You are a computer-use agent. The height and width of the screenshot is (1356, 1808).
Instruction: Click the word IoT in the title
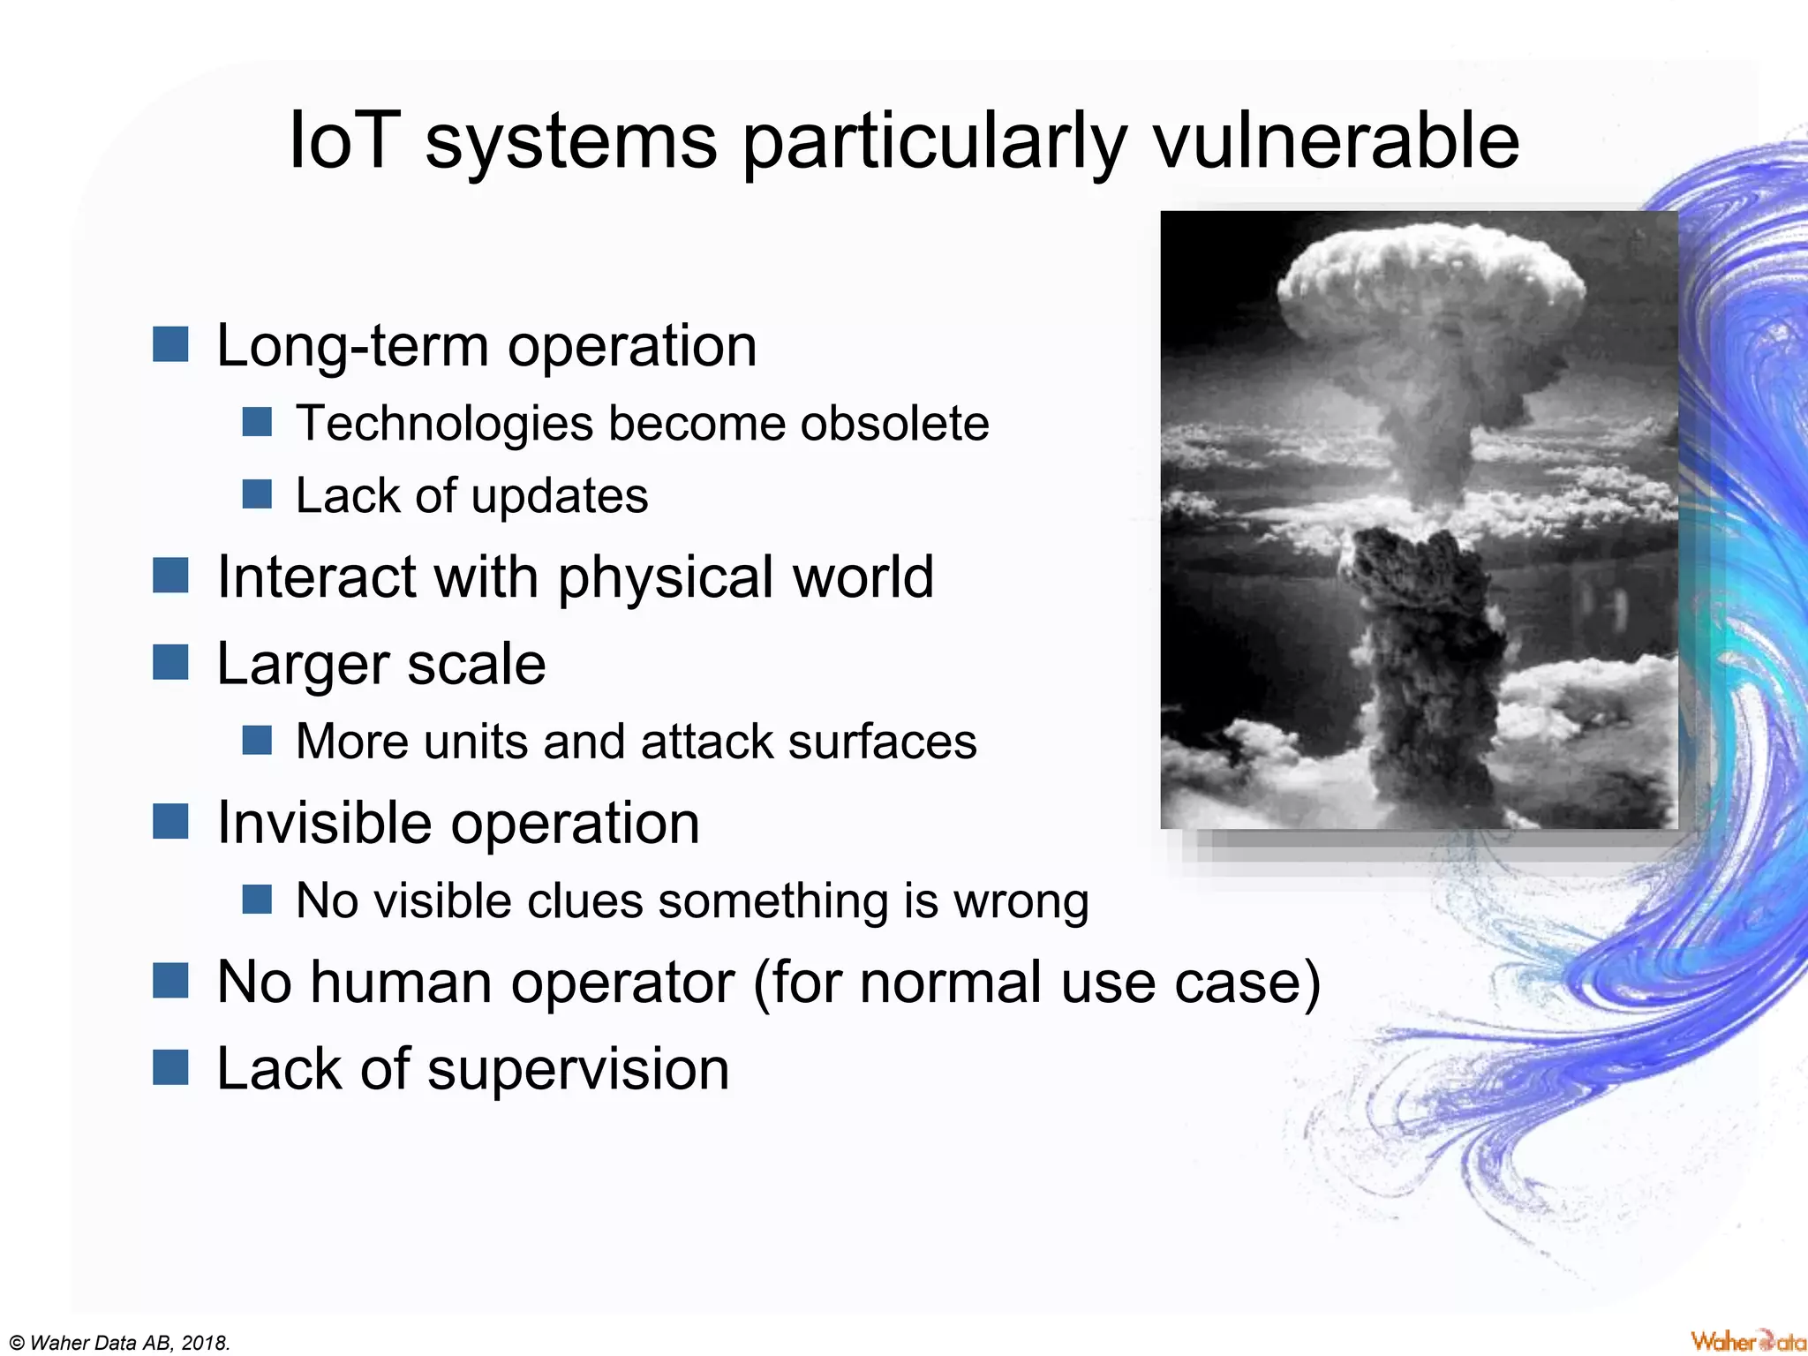tap(340, 141)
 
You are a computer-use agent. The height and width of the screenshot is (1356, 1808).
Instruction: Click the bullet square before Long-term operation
tap(170, 344)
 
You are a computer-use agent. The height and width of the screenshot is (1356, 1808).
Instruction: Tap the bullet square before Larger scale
tap(170, 662)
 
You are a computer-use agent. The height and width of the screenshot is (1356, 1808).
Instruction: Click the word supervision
tap(578, 1068)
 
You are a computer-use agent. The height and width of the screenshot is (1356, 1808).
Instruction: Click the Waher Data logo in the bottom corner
tap(1747, 1341)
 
